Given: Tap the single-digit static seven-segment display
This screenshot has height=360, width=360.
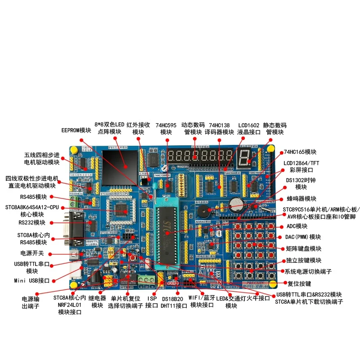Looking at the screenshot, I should click(245, 157).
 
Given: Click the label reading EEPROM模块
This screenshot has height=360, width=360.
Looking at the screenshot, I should click(76, 130).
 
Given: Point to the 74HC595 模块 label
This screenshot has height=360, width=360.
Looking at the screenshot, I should click(166, 129).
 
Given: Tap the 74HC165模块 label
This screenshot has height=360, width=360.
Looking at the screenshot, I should click(300, 152).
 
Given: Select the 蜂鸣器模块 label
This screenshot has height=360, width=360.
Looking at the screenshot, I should click(301, 198).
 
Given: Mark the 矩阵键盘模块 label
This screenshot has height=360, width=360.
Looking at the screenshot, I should click(304, 248).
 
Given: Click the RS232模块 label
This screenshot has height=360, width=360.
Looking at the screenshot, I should click(32, 222).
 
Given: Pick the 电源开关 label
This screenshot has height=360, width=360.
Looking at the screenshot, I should click(32, 253).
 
